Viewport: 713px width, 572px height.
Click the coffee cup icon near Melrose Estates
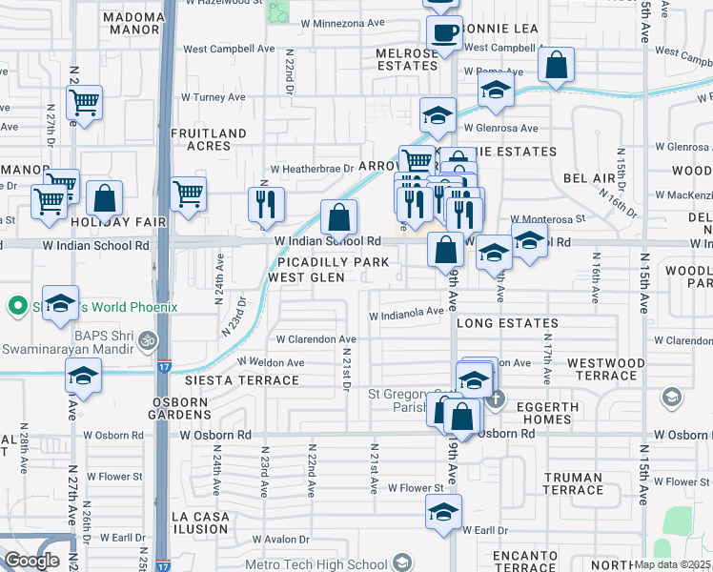[x=444, y=34]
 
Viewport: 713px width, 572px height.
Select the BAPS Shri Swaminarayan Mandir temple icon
[x=147, y=337]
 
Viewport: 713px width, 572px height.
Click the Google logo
[x=31, y=561]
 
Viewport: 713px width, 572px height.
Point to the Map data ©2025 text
[x=673, y=564]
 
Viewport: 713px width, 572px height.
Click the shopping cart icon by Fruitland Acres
[x=189, y=194]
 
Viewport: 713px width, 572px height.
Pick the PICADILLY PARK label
[x=334, y=262]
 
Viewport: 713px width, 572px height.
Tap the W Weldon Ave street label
[x=271, y=362]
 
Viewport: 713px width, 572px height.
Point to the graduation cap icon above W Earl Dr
[x=443, y=511]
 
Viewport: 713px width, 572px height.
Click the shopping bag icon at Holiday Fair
[x=105, y=198]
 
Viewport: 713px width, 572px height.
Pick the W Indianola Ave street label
[x=407, y=311]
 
